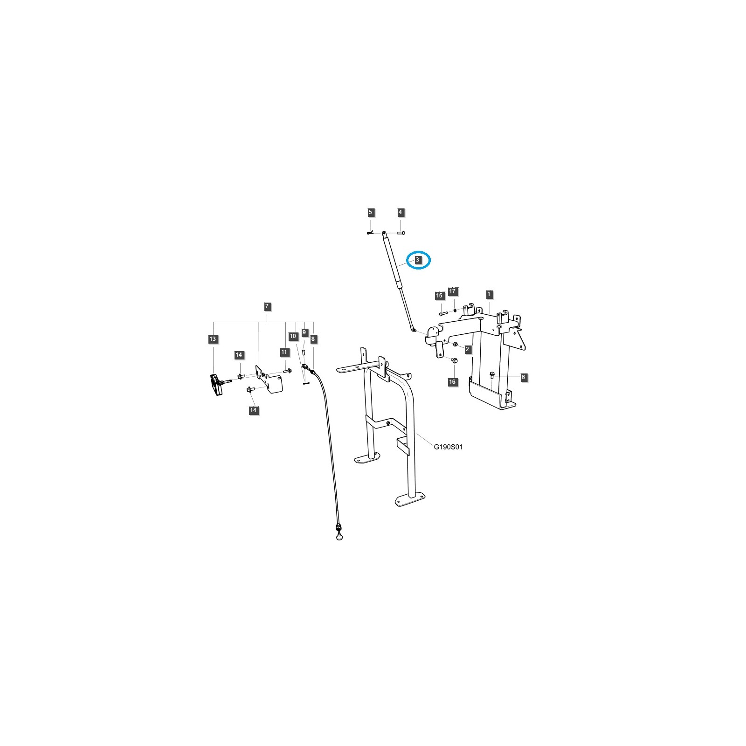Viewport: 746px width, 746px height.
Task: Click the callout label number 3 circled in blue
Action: point(418,260)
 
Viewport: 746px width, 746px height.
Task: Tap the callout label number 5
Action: point(371,213)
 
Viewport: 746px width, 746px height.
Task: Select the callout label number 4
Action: point(400,213)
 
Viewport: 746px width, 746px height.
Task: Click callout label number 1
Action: point(489,294)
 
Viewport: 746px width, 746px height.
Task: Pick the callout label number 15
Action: point(439,296)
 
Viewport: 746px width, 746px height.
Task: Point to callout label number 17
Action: point(452,291)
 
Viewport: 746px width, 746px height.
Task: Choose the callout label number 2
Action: point(467,349)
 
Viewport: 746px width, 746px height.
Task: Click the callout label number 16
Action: point(452,382)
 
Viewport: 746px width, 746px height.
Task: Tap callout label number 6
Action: point(524,377)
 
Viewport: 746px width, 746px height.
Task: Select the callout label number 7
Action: point(267,307)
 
